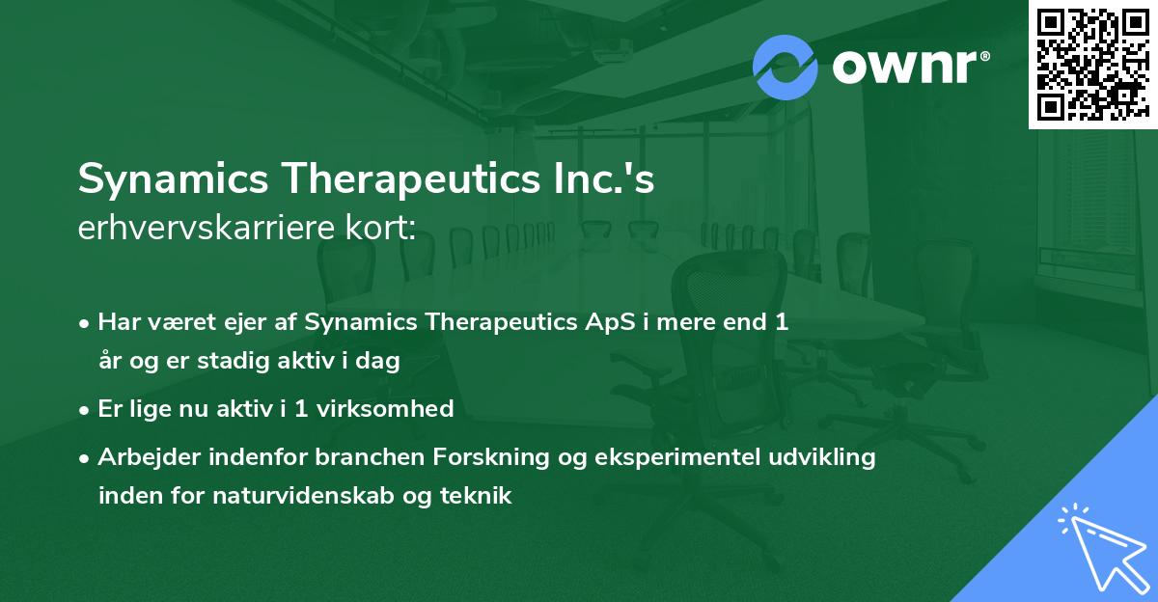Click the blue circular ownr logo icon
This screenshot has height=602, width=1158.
tap(785, 67)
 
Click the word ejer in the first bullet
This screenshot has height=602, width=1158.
tap(252, 322)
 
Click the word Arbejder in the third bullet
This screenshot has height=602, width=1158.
tap(144, 456)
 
